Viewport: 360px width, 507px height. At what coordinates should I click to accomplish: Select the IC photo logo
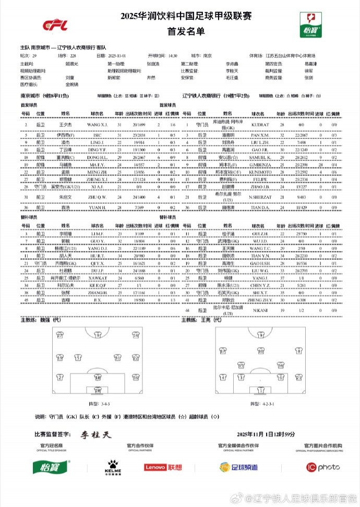pyautogui.click(x=323, y=467)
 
